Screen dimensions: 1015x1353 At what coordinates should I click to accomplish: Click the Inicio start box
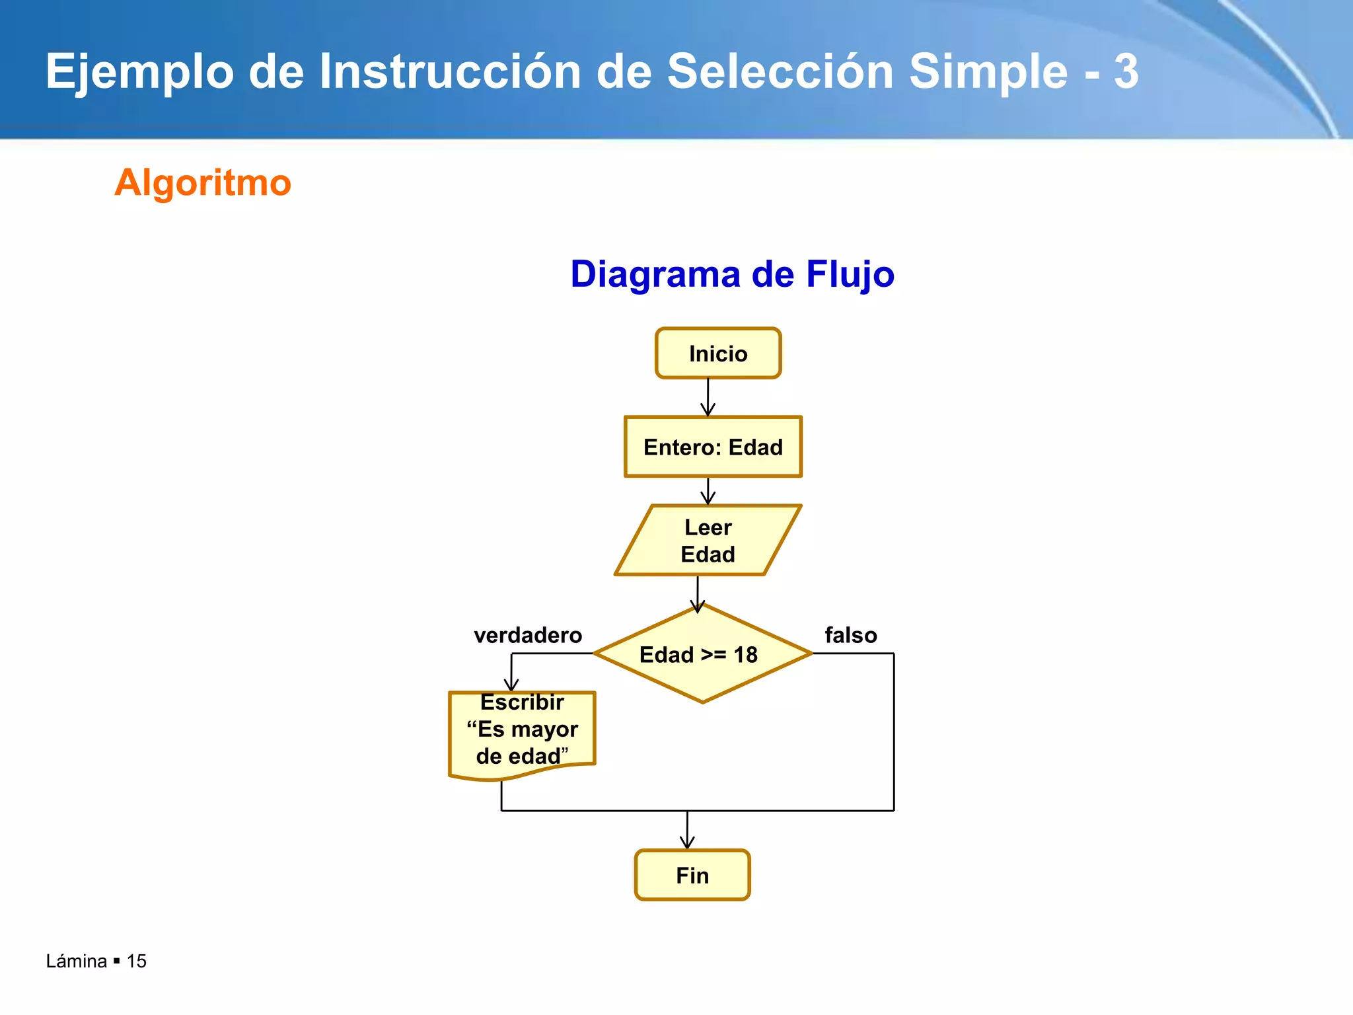(x=718, y=354)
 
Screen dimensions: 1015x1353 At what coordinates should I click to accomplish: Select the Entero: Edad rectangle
(x=713, y=447)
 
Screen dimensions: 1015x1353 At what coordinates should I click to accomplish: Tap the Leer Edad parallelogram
(x=708, y=541)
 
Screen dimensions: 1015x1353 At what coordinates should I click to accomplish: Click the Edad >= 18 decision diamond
(x=702, y=654)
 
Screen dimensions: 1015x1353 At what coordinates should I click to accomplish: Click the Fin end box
(x=692, y=875)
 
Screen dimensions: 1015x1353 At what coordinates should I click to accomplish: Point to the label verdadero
(x=528, y=635)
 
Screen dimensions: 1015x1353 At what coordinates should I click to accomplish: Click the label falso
(x=851, y=635)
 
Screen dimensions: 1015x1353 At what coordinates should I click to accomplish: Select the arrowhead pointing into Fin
(x=687, y=842)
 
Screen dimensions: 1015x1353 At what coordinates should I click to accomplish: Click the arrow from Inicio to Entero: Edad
(x=708, y=396)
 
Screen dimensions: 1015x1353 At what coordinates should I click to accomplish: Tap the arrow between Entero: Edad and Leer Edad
(x=708, y=490)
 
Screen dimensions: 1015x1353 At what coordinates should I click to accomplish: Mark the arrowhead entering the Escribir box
(x=511, y=685)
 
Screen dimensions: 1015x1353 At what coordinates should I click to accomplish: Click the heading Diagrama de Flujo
(x=732, y=274)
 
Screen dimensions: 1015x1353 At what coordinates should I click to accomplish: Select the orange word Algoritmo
(x=203, y=182)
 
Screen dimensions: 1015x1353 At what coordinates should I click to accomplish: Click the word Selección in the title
(x=780, y=71)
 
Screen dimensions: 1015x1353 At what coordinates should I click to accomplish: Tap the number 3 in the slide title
(x=1126, y=71)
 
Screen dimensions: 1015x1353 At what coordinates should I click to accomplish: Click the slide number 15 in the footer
(x=136, y=961)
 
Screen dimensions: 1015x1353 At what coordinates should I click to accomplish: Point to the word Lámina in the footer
(x=76, y=961)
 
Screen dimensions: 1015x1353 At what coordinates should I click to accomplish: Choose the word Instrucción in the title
(x=450, y=71)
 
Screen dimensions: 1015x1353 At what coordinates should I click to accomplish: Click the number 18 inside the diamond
(x=745, y=655)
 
